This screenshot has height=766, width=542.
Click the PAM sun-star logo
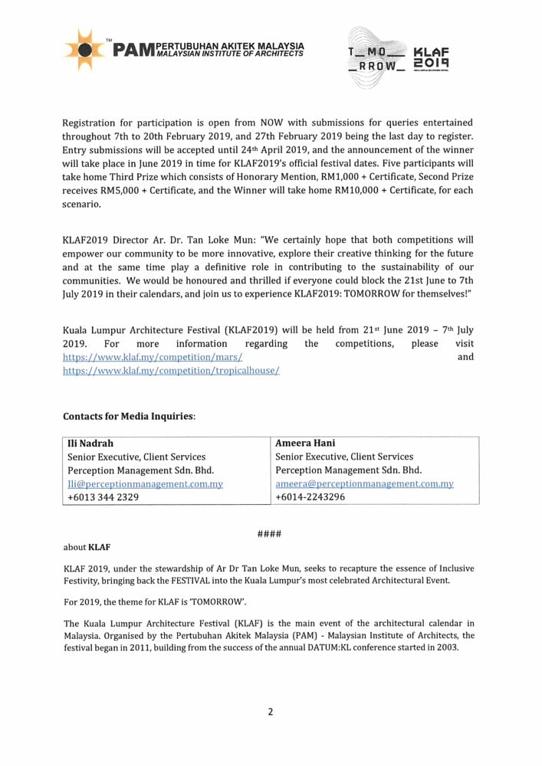(85, 51)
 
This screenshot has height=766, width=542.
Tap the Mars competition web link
(153, 357)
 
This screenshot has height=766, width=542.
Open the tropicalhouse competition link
(171, 370)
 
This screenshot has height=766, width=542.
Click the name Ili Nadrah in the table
(90, 443)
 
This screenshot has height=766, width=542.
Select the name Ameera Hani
(305, 443)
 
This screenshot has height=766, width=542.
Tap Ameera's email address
(364, 484)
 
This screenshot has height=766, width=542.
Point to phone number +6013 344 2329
(103, 497)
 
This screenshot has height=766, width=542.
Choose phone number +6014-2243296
(310, 497)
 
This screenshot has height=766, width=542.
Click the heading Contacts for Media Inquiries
(129, 416)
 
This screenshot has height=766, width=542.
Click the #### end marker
(271, 533)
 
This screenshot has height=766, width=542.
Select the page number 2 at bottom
(271, 712)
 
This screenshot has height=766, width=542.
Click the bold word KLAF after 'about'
(100, 547)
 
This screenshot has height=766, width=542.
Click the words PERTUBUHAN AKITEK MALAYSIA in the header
(229, 46)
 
